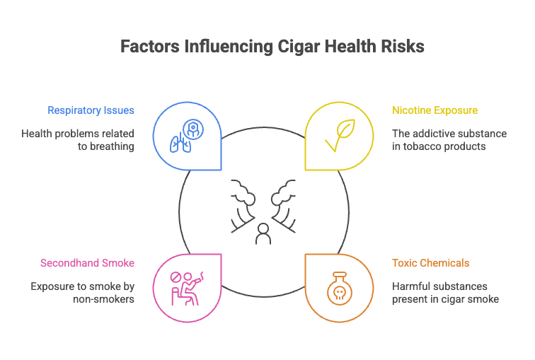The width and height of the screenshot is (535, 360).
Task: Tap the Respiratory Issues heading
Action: [x=91, y=110]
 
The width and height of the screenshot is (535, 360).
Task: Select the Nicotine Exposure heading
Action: [x=435, y=110]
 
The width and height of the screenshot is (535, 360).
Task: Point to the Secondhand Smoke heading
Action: [x=87, y=263]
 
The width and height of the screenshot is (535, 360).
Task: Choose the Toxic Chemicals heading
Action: [x=430, y=263]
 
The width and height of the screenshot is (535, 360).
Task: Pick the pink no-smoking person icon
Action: [x=187, y=288]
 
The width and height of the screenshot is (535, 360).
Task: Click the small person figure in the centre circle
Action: [x=263, y=233]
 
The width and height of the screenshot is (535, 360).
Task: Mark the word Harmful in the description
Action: [x=410, y=286]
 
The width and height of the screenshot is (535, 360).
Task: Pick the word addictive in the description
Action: [x=434, y=133]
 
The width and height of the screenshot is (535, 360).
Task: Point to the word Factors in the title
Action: [x=149, y=47]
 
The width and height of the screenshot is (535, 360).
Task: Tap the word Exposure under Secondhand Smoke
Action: [x=53, y=286]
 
